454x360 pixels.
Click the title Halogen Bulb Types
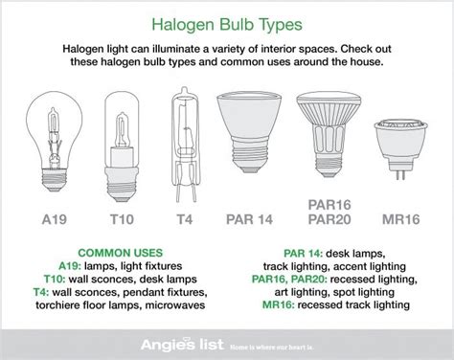[x=226, y=20]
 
